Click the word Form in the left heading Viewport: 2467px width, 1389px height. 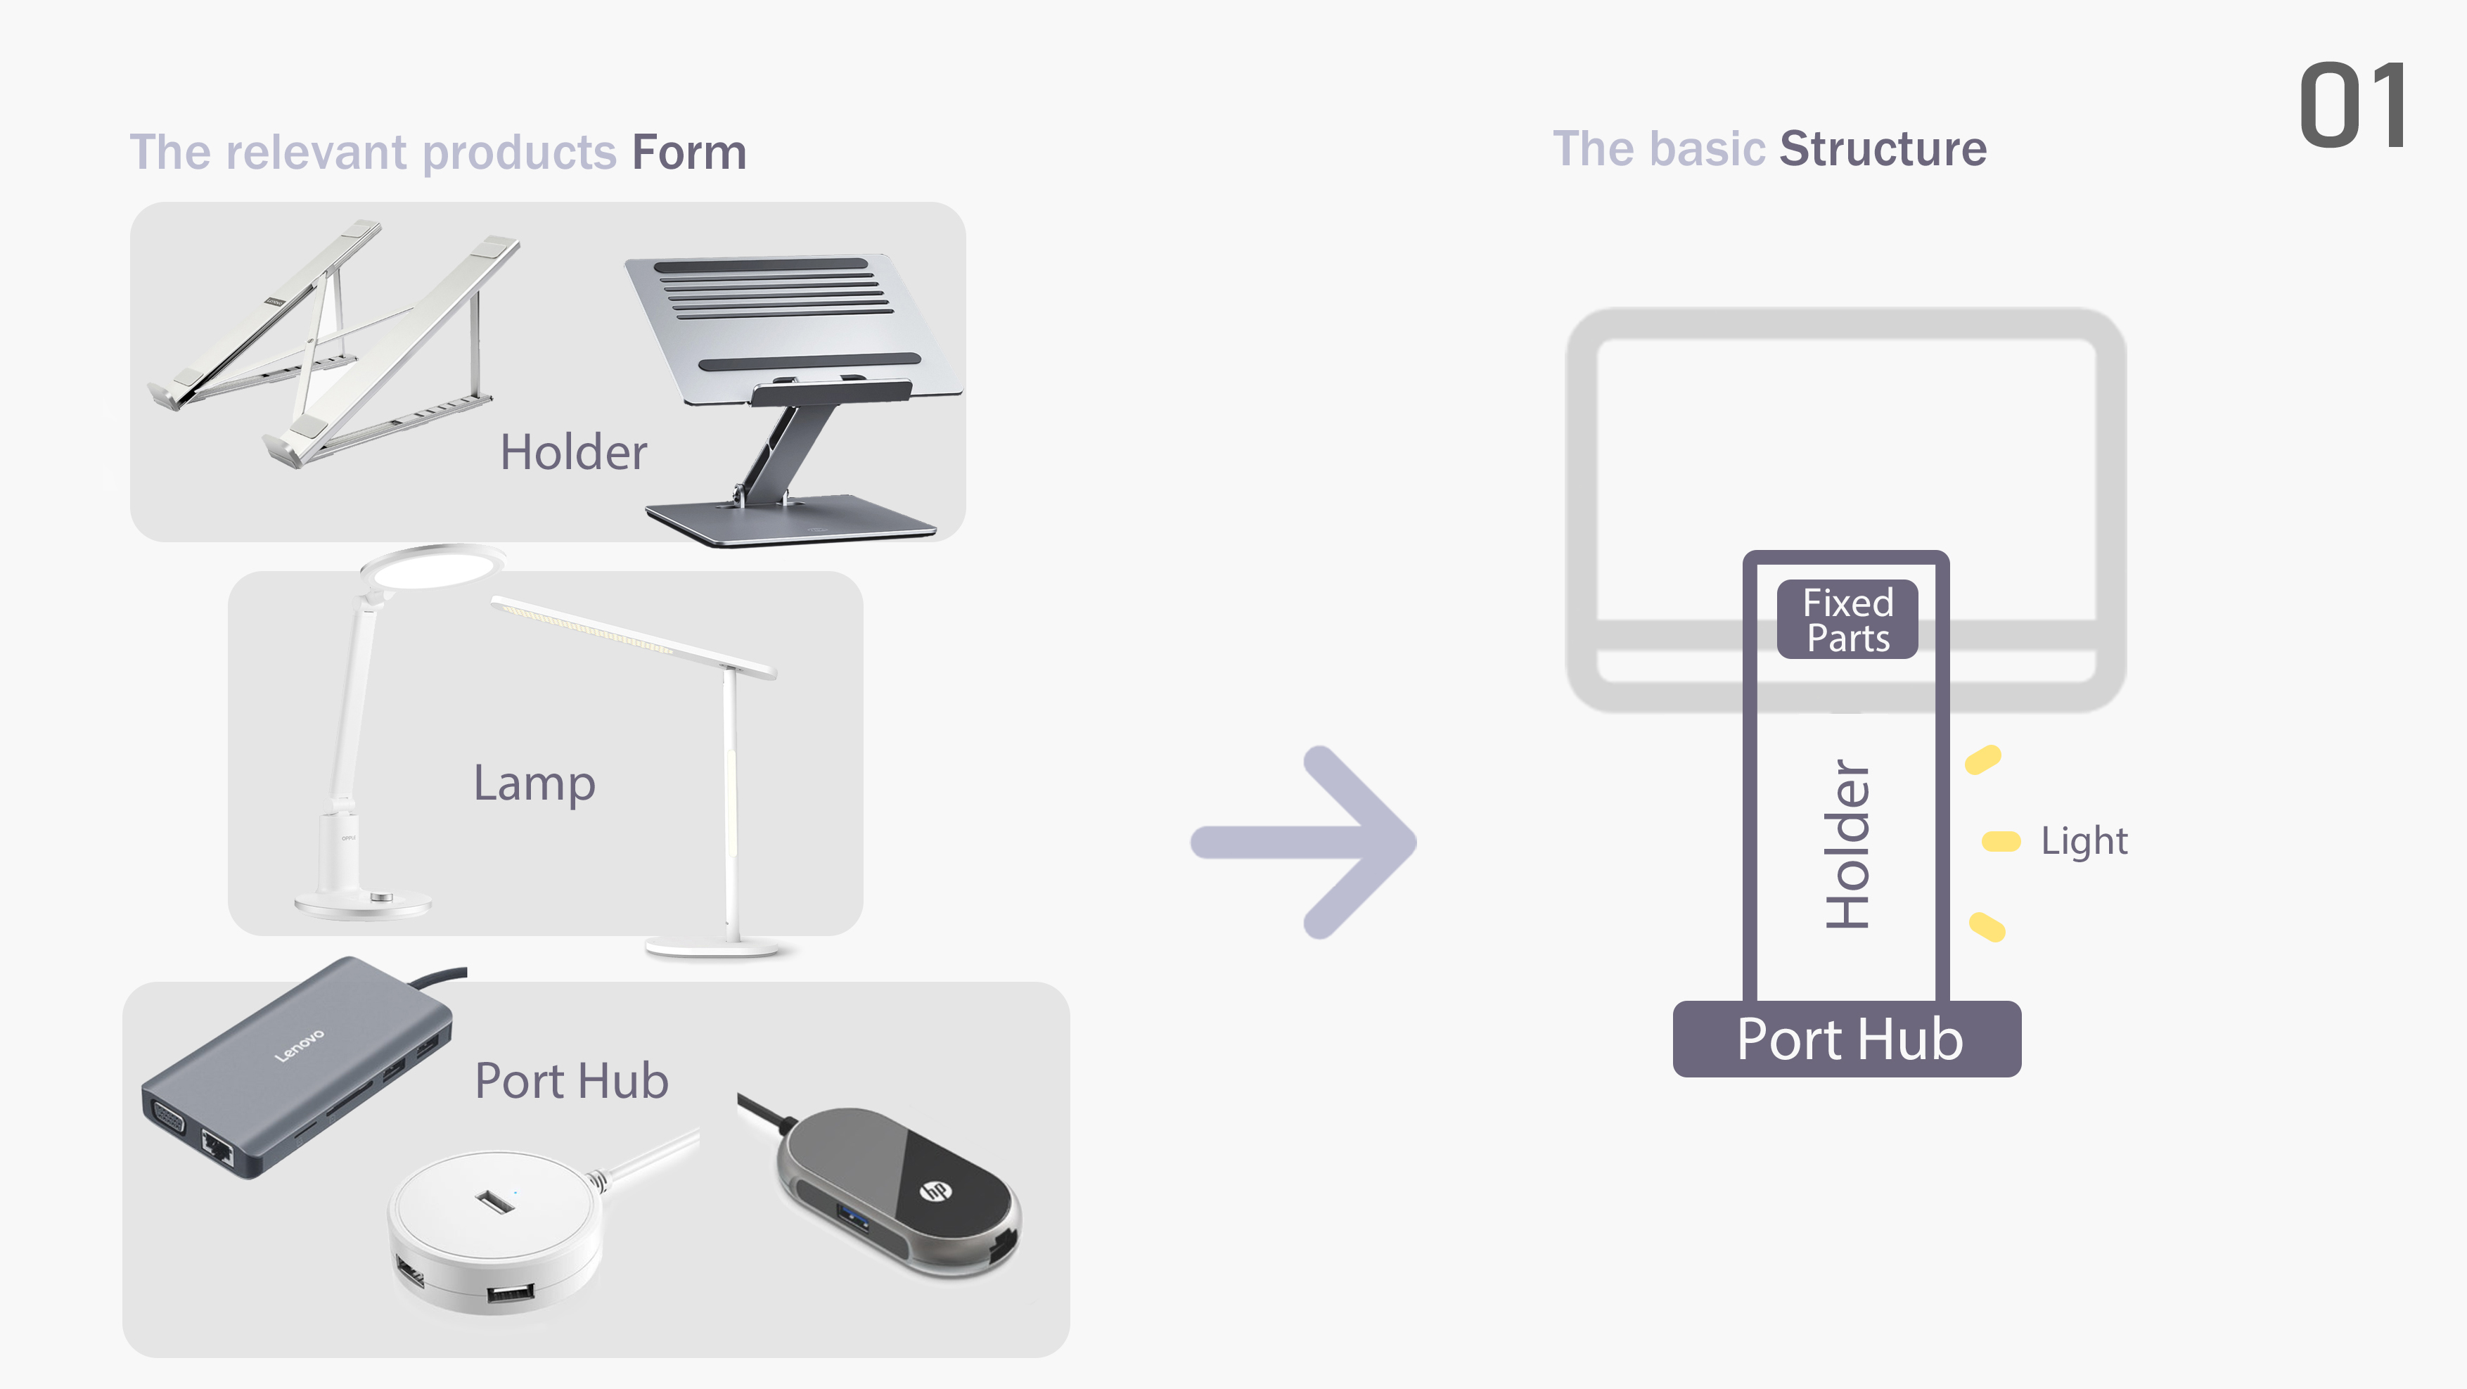(688, 153)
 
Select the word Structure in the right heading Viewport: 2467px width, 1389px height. (1882, 149)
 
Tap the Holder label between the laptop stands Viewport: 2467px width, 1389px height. (572, 452)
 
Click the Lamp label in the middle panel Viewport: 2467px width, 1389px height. (534, 783)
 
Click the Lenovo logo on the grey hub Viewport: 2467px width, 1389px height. (299, 1045)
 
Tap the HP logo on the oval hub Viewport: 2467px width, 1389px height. (934, 1191)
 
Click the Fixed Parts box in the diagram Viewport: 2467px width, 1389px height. (1847, 620)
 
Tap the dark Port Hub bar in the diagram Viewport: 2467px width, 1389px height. (1847, 1039)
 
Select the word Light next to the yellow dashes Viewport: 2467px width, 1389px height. (2083, 841)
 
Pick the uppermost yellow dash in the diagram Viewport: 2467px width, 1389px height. (1982, 760)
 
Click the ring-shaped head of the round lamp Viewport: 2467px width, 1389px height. (433, 567)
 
